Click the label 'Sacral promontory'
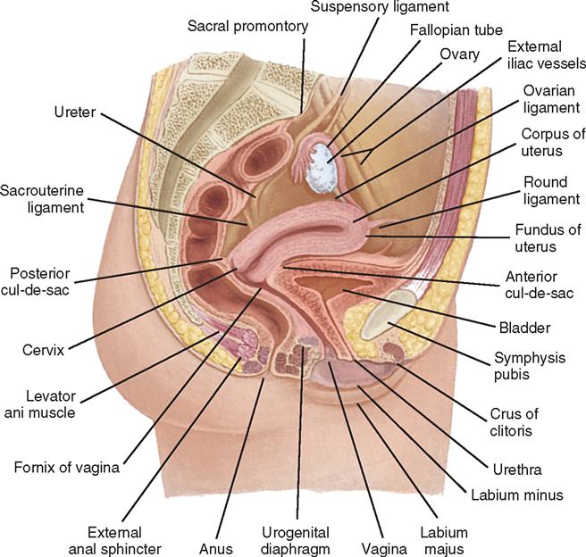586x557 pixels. pos(247,27)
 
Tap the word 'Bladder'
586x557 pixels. pos(523,327)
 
